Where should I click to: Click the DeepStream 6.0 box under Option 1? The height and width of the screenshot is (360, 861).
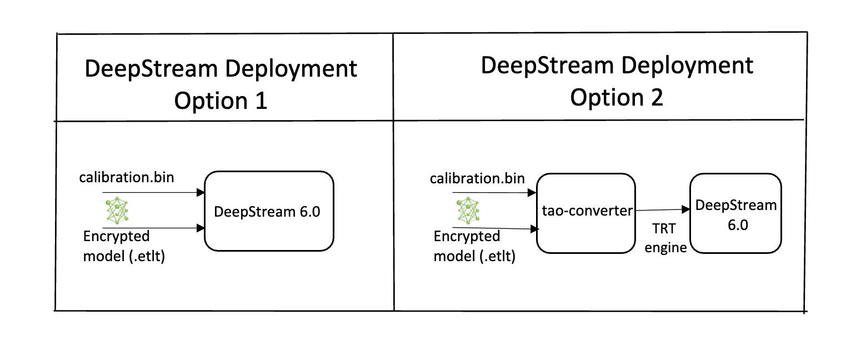point(269,211)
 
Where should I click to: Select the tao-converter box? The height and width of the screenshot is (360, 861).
point(585,212)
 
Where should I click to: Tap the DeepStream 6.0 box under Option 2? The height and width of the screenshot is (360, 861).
point(735,213)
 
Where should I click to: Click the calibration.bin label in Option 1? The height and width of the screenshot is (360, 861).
point(126,178)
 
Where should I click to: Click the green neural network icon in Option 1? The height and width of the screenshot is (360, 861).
point(117,210)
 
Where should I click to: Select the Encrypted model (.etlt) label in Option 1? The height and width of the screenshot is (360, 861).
point(124,246)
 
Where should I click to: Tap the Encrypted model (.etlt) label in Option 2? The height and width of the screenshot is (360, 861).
point(474,246)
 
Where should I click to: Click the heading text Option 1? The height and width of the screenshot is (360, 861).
point(221,101)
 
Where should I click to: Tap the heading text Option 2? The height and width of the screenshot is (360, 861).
point(617,97)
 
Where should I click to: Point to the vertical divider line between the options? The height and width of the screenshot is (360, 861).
point(393,167)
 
